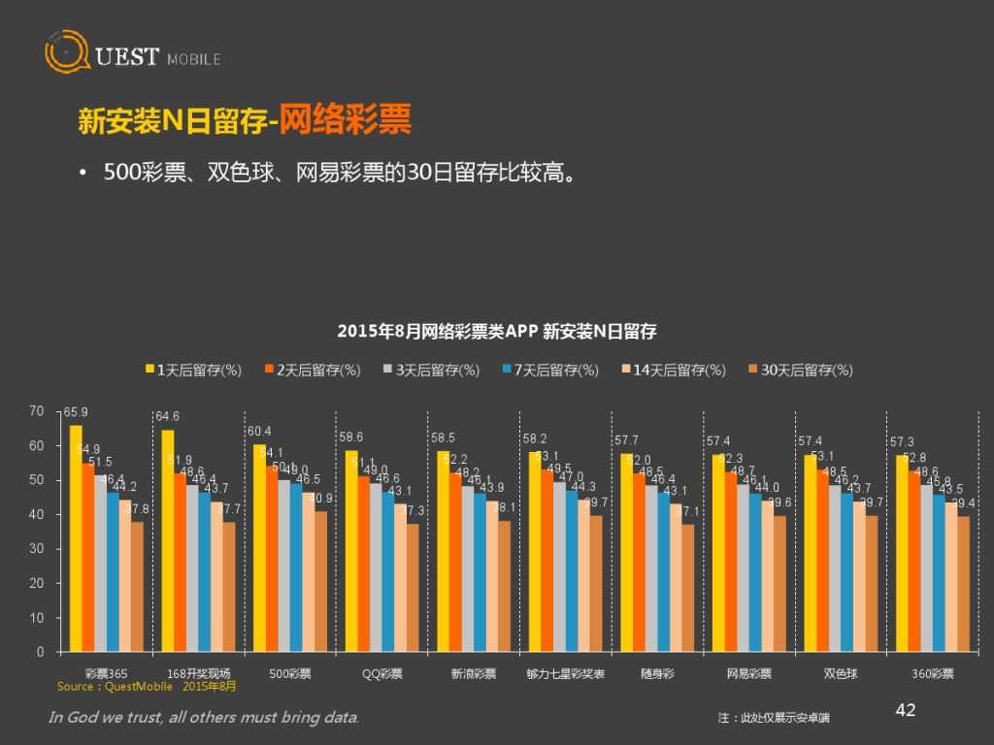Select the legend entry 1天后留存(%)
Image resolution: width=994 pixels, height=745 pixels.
(x=193, y=370)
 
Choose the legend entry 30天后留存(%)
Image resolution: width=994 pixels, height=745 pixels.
(x=801, y=370)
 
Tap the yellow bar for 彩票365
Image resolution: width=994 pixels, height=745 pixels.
(x=76, y=538)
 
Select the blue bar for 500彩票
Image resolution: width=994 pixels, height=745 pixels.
(x=296, y=567)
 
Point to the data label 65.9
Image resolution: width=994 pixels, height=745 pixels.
(x=76, y=412)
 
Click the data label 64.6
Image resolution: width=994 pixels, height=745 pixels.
(x=168, y=417)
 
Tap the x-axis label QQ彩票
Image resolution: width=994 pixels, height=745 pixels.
(x=382, y=673)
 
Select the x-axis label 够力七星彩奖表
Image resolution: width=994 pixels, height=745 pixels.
(x=566, y=673)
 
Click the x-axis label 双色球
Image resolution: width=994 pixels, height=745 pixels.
(x=841, y=673)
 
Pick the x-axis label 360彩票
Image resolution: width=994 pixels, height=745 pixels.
(x=933, y=673)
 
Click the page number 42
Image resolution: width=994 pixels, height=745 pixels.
(x=905, y=711)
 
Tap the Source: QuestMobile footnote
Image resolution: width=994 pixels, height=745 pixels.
(x=146, y=686)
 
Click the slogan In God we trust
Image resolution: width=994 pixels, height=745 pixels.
(x=204, y=718)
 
